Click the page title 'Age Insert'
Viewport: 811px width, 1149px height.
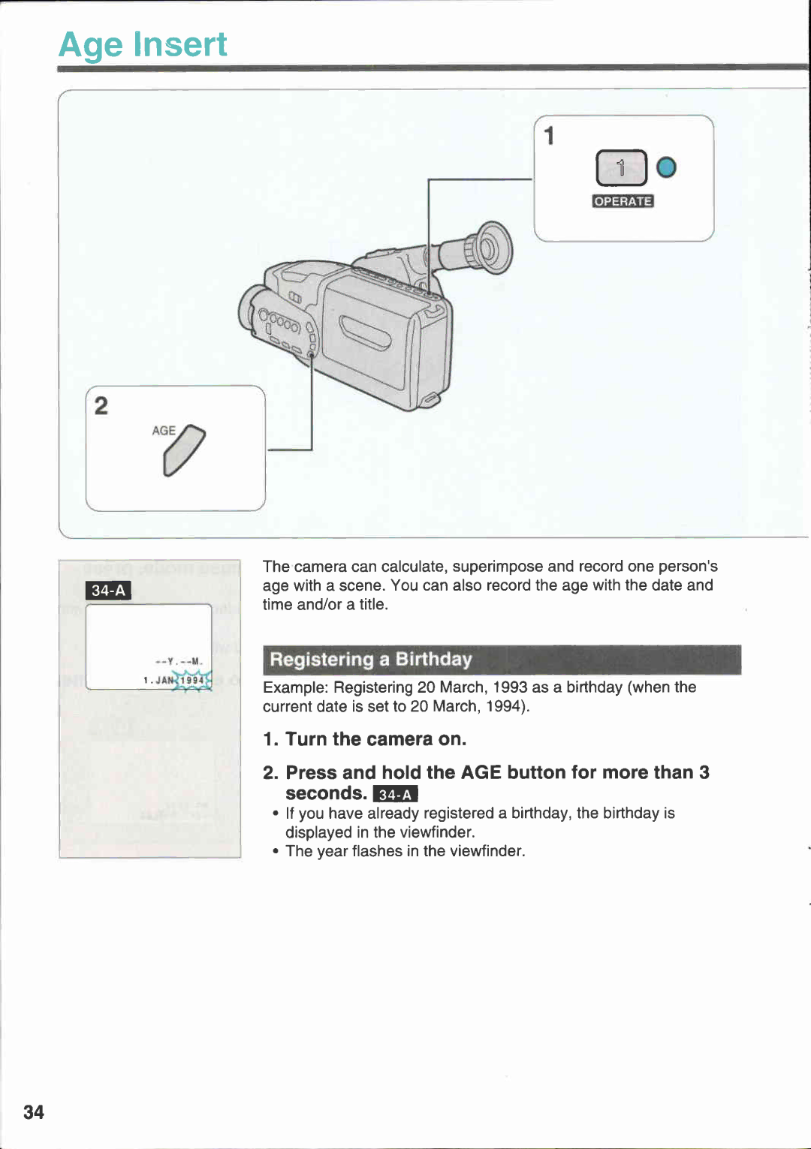(143, 44)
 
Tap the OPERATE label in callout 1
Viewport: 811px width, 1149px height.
(623, 201)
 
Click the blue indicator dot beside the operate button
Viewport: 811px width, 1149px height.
(666, 167)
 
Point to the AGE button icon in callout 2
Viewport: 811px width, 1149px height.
(183, 450)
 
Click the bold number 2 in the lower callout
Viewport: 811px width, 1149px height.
(101, 406)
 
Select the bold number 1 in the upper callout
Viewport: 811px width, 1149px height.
(550, 136)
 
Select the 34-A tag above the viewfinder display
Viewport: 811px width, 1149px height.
(108, 591)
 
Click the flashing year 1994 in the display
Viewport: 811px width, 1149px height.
(192, 680)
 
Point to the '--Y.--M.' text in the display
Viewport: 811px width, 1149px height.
(179, 661)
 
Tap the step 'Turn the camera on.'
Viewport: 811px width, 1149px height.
(375, 739)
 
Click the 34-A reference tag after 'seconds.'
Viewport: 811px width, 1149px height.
(395, 795)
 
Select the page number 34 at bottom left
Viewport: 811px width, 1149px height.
(34, 1111)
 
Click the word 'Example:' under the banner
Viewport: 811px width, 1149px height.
(296, 687)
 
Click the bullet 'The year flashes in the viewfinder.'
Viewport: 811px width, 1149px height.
(405, 851)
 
